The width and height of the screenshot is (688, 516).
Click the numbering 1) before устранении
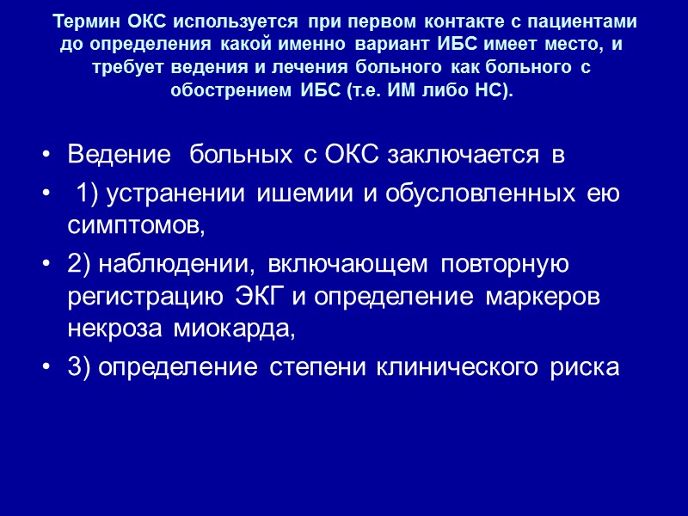89,195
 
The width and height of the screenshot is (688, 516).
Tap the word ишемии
320,195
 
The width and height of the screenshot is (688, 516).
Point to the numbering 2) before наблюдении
80,265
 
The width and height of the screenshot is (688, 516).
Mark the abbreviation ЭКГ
263,297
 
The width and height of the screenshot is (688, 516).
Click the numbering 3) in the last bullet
80,366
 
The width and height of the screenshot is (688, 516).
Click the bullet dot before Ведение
45,157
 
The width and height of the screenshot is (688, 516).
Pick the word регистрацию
148,297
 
